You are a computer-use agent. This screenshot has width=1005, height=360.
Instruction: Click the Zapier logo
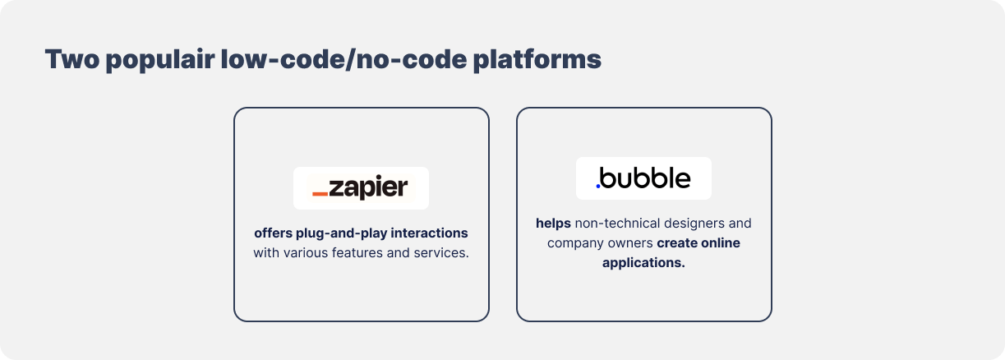(x=361, y=187)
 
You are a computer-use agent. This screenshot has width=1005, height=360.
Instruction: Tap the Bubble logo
(x=643, y=178)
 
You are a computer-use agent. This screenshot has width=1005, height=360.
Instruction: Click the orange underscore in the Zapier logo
(x=320, y=194)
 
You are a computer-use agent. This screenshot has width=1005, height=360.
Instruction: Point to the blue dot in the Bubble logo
(x=598, y=186)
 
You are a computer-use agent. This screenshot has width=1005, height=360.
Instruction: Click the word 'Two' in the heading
(x=71, y=59)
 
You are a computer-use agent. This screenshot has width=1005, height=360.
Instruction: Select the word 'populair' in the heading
(x=160, y=60)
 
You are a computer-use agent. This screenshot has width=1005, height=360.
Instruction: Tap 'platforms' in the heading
(x=537, y=60)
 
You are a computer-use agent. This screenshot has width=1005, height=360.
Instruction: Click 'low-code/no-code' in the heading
(x=343, y=59)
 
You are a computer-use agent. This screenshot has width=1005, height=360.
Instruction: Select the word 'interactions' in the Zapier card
(x=429, y=233)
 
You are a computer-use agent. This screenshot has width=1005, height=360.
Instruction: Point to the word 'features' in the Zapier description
(x=357, y=252)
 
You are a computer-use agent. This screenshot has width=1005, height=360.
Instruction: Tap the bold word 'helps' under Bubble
(x=553, y=223)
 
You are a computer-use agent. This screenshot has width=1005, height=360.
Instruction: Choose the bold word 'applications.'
(x=643, y=263)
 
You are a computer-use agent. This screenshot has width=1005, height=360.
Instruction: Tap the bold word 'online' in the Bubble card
(x=721, y=242)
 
